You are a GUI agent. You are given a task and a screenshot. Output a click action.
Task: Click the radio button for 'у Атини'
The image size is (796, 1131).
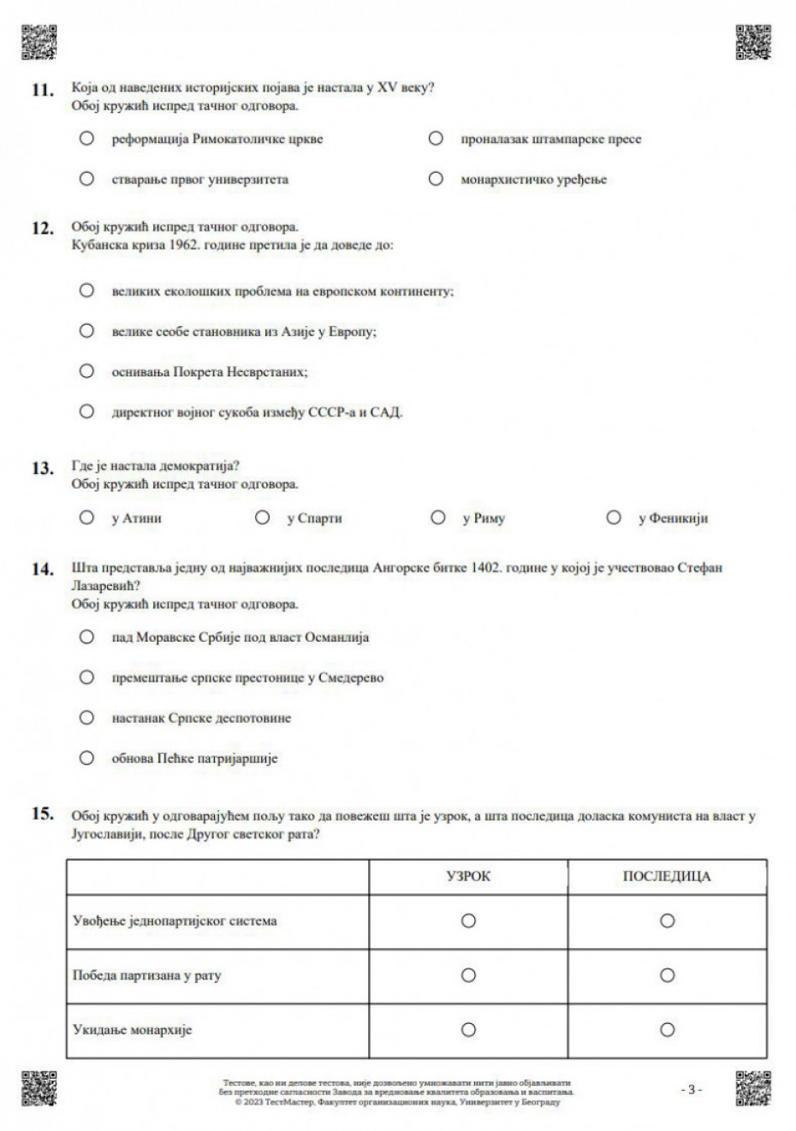(x=86, y=518)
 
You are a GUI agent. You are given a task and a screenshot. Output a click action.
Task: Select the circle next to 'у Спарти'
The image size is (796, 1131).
(x=263, y=518)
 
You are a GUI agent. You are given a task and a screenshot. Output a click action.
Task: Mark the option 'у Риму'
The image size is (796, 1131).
(x=438, y=518)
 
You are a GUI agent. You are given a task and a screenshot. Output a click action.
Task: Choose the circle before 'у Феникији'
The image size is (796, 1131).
(x=614, y=518)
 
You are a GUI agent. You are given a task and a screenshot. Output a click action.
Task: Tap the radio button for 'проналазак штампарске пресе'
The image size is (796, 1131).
(x=436, y=139)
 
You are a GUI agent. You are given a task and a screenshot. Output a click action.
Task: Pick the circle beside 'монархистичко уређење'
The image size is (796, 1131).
(x=436, y=179)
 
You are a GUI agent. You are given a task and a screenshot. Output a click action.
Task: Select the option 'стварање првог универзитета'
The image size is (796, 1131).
(x=86, y=179)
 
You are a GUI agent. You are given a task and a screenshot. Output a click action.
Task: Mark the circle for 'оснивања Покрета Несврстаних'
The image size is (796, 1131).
(x=86, y=371)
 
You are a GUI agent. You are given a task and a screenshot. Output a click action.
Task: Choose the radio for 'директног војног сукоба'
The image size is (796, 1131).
(x=86, y=412)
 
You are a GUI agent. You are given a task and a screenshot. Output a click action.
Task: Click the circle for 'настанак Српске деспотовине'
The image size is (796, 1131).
(x=86, y=718)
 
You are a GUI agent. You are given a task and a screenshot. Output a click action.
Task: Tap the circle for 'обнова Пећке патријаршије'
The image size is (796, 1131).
(x=86, y=758)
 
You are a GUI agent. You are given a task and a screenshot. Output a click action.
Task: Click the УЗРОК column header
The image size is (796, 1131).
(x=468, y=877)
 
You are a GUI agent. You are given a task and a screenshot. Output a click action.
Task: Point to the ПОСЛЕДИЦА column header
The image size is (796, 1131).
(x=667, y=877)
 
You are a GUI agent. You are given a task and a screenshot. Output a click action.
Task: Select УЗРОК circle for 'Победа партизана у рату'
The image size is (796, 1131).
(x=468, y=975)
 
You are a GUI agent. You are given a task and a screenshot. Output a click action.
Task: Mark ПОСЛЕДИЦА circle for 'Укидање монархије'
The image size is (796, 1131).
(x=667, y=1030)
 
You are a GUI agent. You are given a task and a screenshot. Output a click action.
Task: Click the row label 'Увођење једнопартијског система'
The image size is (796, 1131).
(x=175, y=921)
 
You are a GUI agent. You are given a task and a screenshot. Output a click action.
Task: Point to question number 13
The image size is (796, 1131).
(x=43, y=468)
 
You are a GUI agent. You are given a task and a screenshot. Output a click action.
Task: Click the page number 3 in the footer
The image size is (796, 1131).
(x=692, y=1090)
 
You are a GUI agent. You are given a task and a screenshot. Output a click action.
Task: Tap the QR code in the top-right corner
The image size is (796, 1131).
(x=753, y=42)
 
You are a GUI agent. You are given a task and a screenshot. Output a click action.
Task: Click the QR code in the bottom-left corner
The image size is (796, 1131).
(x=39, y=1087)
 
